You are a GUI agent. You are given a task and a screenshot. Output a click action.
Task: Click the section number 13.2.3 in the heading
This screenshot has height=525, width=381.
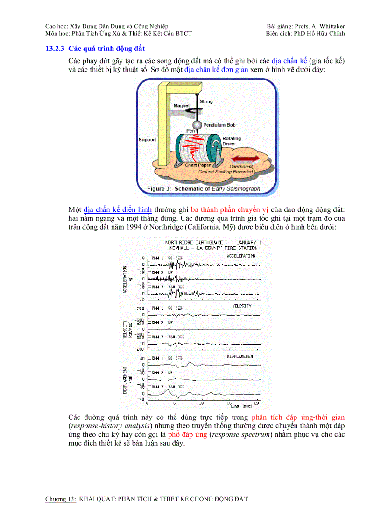click(x=55, y=49)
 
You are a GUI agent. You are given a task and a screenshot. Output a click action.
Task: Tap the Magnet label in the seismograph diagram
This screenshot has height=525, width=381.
click(x=182, y=106)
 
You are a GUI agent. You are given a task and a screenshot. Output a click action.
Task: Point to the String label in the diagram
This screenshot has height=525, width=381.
click(x=206, y=101)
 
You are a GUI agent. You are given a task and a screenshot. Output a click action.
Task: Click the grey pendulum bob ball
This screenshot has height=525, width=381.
click(x=198, y=125)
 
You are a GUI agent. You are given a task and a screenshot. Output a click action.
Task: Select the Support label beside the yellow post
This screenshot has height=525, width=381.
click(x=147, y=140)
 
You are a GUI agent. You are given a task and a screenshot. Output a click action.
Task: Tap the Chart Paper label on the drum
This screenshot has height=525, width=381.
click(x=198, y=165)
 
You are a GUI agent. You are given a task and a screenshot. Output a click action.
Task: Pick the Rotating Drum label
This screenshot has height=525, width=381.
click(x=232, y=141)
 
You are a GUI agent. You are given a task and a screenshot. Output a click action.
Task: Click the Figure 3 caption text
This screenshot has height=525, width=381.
click(x=204, y=189)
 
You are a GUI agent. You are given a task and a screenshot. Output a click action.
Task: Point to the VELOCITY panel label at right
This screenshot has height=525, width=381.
click(x=241, y=306)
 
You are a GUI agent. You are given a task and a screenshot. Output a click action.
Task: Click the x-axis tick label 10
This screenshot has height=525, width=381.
click(x=201, y=403)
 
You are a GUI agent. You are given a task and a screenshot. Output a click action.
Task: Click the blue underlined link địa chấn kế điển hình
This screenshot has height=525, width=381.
click(x=118, y=209)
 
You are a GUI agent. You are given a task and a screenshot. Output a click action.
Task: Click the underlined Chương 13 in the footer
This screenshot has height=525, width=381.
click(x=60, y=499)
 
